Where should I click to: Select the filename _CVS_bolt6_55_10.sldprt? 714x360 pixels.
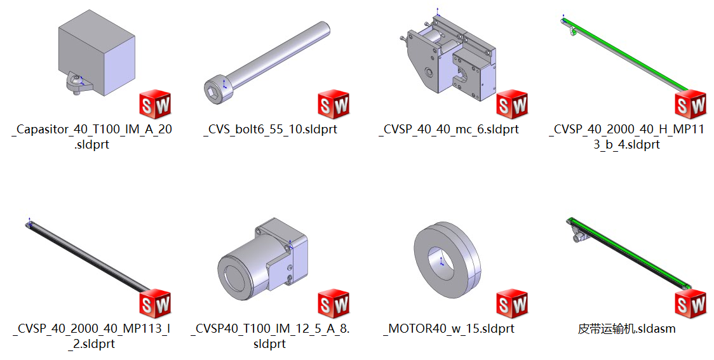click(271, 130)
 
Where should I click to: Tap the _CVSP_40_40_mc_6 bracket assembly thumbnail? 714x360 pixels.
click(448, 60)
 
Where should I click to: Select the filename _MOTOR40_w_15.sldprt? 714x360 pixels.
click(448, 329)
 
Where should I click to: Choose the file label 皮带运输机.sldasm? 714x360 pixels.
click(626, 329)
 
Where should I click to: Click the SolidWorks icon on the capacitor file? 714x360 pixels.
click(156, 104)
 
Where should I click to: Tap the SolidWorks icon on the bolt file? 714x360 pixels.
click(333, 104)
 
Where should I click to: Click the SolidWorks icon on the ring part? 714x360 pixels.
click(512, 303)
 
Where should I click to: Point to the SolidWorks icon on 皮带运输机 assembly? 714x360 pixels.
click(690, 303)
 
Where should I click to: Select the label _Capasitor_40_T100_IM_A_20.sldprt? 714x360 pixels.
click(92, 137)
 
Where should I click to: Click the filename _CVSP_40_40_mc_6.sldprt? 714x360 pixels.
click(448, 130)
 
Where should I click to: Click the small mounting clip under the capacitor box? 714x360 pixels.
click(77, 83)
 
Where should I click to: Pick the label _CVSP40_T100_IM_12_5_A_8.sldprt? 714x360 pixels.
click(271, 336)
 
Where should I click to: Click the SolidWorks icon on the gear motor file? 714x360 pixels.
click(333, 303)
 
